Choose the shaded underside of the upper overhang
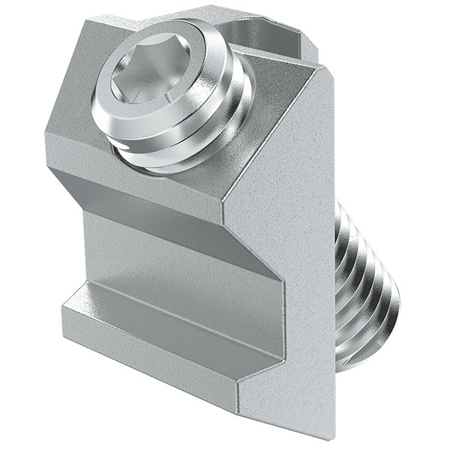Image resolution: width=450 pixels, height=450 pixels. (x=150, y=202)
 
